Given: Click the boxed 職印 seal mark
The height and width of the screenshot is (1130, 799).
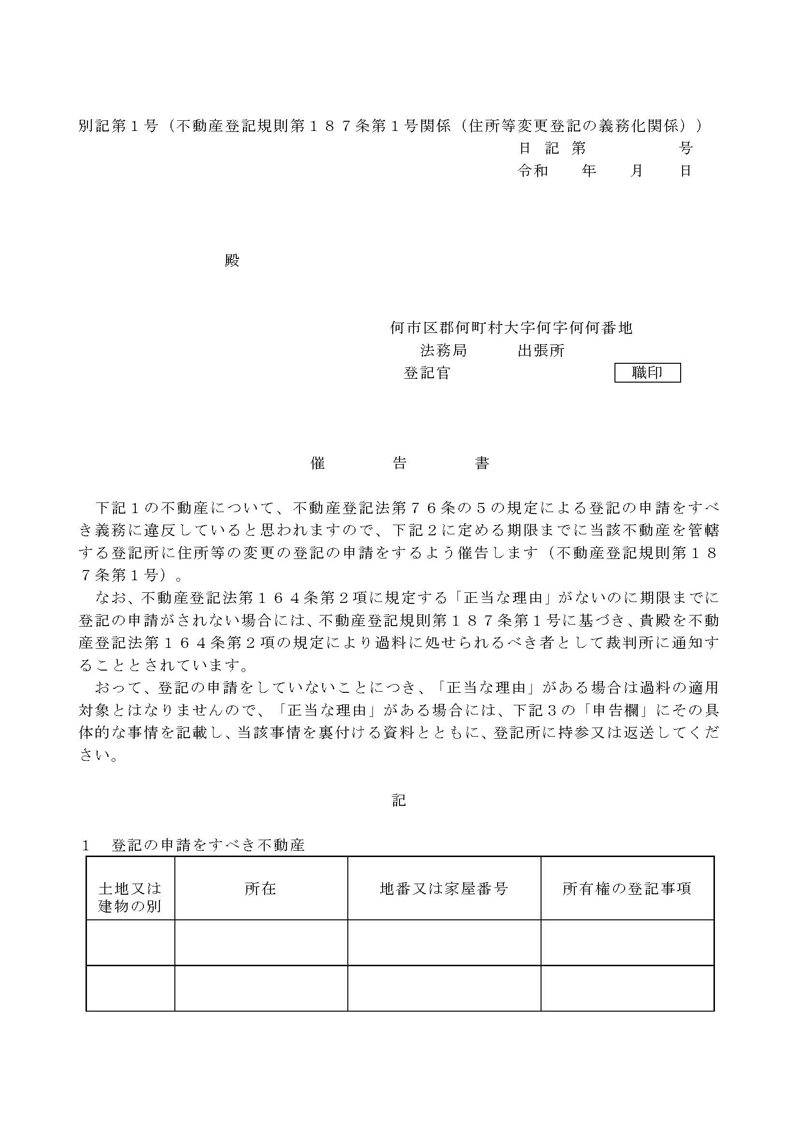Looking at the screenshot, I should tap(647, 372).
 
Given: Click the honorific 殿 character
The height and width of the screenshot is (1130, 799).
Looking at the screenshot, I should tap(232, 260).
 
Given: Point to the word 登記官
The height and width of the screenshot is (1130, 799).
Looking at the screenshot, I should tap(427, 373).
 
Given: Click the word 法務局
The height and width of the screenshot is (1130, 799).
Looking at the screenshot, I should tap(443, 350).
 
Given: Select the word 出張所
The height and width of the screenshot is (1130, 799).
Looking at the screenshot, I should tap(541, 350).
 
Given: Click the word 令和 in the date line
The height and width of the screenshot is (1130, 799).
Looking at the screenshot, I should tap(533, 171).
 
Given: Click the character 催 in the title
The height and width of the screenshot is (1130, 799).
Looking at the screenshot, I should tap(318, 463).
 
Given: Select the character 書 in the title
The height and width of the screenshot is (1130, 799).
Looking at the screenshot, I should tap(482, 463).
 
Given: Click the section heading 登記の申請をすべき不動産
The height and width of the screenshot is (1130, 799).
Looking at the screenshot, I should tap(208, 845).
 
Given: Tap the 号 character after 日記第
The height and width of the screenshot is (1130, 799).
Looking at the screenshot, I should tap(685, 148).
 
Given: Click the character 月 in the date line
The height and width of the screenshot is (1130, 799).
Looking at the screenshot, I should tap(637, 171).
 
